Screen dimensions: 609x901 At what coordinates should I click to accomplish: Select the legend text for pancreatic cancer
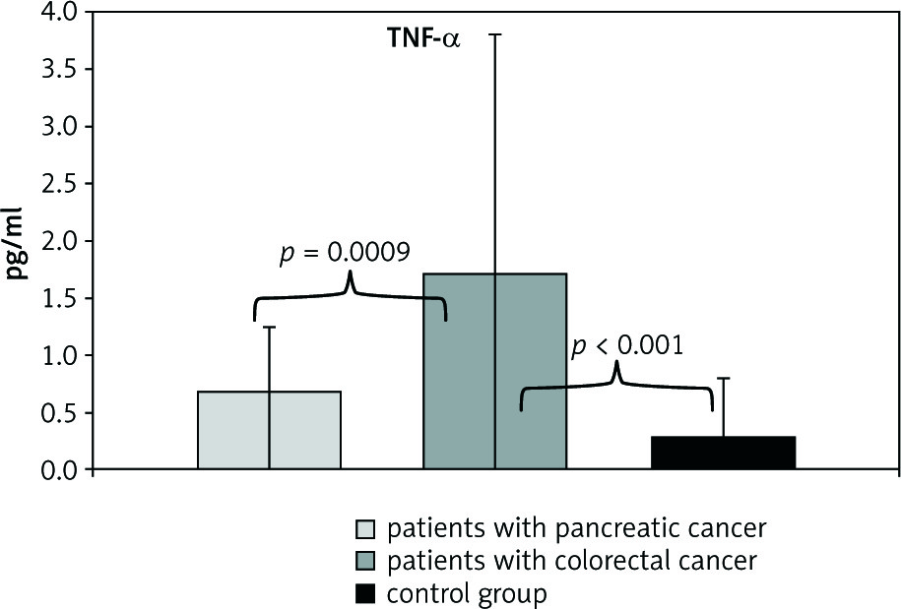pyautogui.click(x=577, y=528)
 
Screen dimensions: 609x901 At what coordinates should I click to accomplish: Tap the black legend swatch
pyautogui.click(x=364, y=594)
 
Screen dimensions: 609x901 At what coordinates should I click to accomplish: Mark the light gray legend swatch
pyautogui.click(x=364, y=529)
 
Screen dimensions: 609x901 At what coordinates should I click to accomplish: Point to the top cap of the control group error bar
pyautogui.click(x=724, y=378)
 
